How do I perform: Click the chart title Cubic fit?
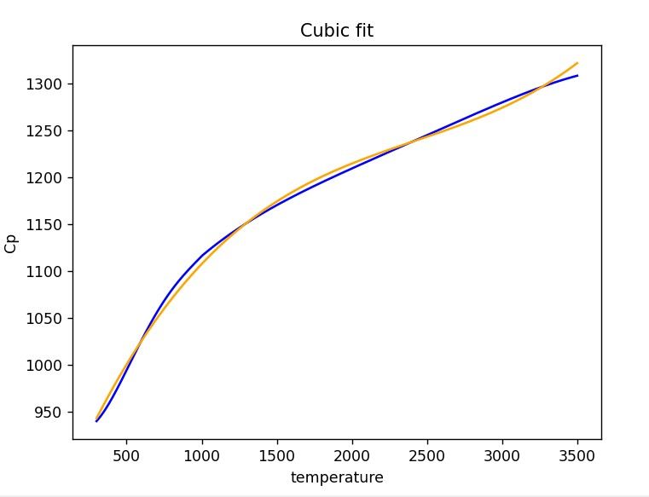click(337, 31)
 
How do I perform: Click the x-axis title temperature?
click(337, 477)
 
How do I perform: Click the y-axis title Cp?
click(11, 243)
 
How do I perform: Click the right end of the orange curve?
click(577, 62)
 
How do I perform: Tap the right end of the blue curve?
click(577, 76)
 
